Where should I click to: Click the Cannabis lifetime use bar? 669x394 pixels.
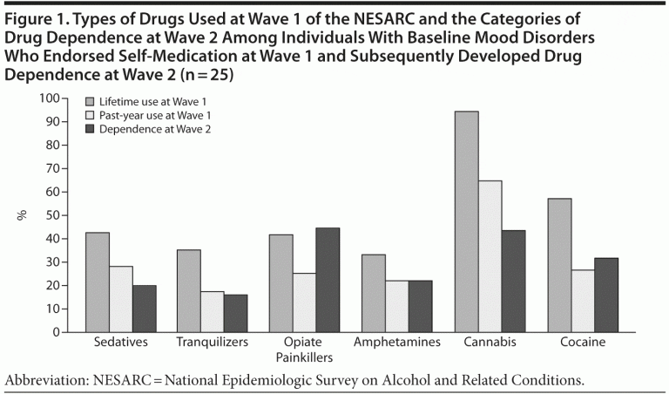(467, 221)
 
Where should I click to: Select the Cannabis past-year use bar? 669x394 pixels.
(490, 256)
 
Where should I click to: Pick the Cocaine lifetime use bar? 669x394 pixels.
(559, 265)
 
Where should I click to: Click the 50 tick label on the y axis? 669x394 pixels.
(55, 215)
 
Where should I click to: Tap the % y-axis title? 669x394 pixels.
(24, 215)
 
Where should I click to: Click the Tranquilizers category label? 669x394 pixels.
(213, 343)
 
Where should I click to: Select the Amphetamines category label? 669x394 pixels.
(397, 343)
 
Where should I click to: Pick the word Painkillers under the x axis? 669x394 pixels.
(305, 357)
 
